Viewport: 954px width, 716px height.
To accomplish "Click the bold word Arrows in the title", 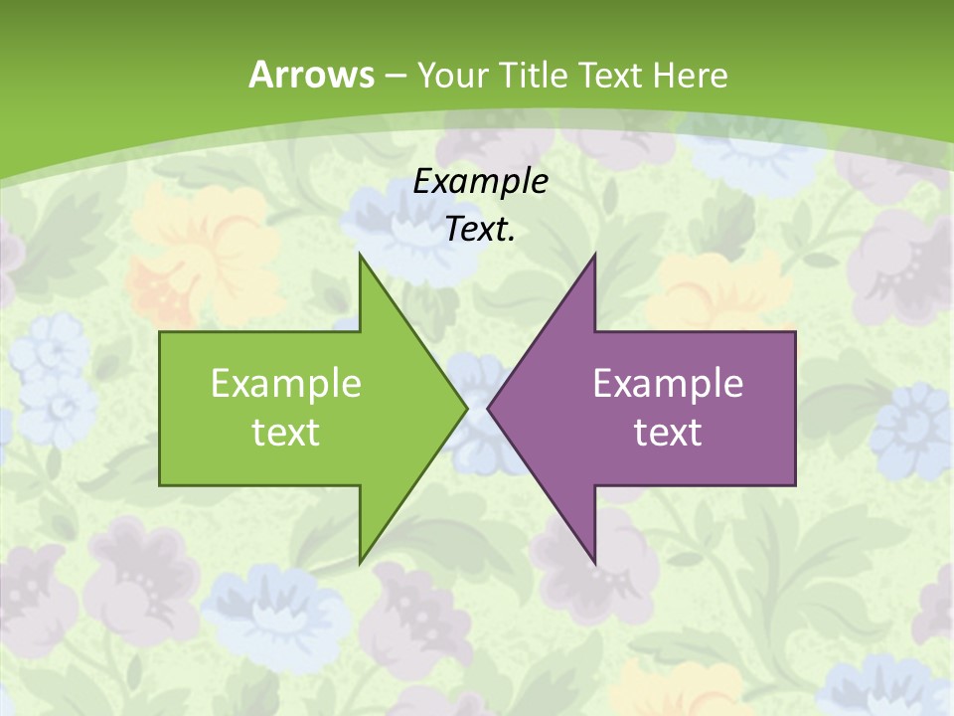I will tap(311, 75).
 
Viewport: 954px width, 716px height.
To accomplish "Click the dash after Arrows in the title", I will tap(395, 76).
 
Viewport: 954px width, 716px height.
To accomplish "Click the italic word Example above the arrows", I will tap(480, 181).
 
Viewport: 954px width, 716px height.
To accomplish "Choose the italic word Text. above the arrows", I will tap(480, 230).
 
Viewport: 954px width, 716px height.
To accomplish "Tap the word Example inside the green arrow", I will tap(286, 383).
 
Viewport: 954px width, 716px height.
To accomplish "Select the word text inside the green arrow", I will tap(286, 432).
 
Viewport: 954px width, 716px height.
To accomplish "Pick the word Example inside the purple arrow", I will tap(668, 383).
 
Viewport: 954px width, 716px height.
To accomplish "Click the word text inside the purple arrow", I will tap(668, 432).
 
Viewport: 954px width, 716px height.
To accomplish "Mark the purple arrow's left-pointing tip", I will tap(489, 408).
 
